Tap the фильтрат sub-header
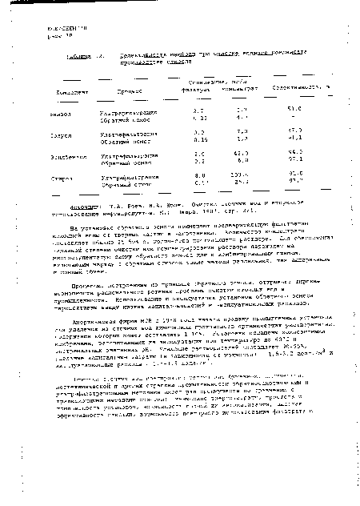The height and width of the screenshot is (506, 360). (x=203, y=89)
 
